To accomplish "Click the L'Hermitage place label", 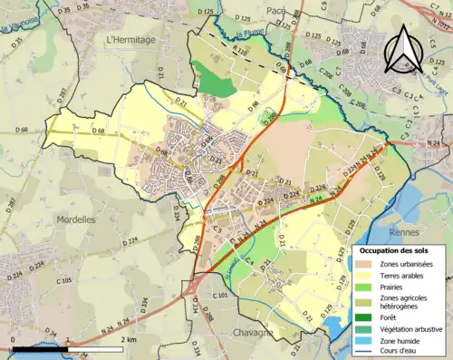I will tap(130, 40).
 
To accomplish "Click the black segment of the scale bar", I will tap(41, 347).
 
